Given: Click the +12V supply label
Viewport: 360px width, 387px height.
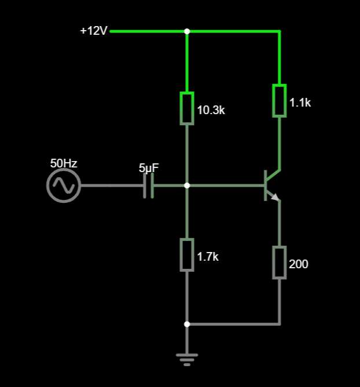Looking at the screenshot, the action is [94, 31].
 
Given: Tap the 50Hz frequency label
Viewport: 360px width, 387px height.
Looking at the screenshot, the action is [64, 163].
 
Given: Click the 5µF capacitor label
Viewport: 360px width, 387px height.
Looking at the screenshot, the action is [149, 168].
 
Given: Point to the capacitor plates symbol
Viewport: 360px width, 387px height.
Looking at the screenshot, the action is [149, 185].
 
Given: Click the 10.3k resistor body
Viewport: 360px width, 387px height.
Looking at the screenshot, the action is [187, 108].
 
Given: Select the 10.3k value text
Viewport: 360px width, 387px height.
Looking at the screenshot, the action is [211, 110].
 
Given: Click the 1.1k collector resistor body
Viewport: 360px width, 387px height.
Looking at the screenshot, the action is [280, 100].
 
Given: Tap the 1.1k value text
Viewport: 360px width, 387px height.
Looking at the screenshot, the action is [300, 103].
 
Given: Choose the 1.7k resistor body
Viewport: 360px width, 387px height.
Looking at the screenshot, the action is [187, 255].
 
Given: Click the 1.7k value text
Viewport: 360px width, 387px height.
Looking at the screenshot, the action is [208, 257].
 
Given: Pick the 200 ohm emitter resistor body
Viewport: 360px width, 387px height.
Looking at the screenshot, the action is [280, 262].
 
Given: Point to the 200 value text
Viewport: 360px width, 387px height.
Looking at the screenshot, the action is [298, 264].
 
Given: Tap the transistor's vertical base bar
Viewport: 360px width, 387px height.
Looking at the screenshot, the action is [266, 185].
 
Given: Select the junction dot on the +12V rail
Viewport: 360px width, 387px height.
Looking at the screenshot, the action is [187, 31].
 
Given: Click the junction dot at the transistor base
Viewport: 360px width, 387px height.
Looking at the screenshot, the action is [187, 185].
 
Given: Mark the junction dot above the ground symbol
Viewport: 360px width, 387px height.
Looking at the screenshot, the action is [187, 324].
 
